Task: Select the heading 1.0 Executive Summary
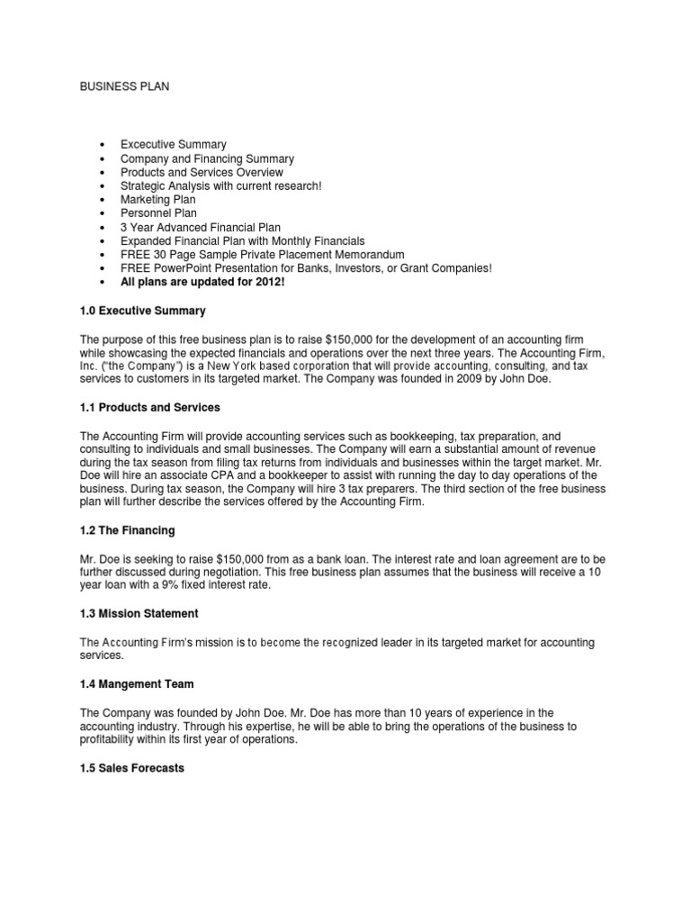coord(143,311)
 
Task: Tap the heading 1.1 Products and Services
coord(151,408)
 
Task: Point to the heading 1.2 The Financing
coord(128,530)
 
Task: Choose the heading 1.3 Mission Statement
coord(139,613)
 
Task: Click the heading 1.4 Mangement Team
coord(137,684)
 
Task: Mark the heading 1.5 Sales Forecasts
coord(132,768)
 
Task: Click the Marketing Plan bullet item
coord(157,200)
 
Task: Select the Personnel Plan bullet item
coord(158,213)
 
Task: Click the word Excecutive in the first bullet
coord(150,144)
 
